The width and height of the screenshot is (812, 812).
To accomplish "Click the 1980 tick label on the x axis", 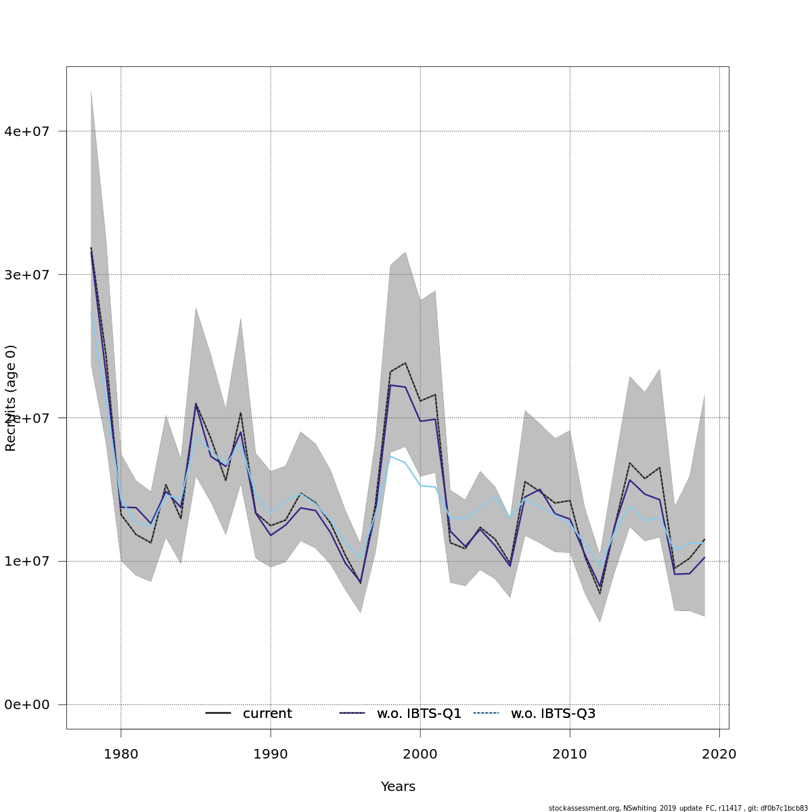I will point(120,754).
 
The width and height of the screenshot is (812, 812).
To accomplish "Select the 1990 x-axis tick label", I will point(271,754).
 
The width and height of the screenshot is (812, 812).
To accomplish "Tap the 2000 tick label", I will point(420,754).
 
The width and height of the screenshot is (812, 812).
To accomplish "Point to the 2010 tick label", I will point(570,754).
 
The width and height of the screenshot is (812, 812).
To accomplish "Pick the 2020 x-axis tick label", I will point(719,754).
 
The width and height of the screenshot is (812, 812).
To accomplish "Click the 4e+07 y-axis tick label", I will point(27,131).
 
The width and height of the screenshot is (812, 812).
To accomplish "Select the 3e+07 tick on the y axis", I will point(27,275).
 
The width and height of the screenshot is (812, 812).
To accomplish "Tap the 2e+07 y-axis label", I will point(27,418).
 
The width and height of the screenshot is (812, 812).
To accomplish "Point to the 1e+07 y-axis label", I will point(27,562).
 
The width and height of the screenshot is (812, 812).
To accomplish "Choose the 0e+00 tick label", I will point(27,705).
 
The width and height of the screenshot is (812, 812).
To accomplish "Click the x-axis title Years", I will point(398,787).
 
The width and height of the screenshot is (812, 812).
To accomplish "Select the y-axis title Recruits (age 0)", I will point(11,398).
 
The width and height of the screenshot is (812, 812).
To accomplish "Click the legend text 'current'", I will point(267,714).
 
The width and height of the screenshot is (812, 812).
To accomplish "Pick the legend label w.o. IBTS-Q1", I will point(419,714).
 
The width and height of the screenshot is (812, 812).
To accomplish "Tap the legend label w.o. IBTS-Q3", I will point(553,714).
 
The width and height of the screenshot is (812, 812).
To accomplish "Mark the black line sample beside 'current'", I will point(218,713).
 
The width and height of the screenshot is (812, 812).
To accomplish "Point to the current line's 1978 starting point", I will point(91,248).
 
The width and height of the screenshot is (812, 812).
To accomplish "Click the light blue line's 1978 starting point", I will point(91,312).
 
